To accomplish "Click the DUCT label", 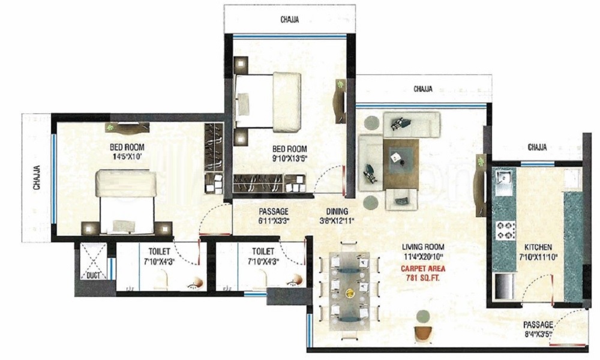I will point(92,276).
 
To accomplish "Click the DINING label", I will point(338,211).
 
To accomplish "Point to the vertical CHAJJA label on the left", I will point(37,178).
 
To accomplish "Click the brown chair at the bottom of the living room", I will point(423,333).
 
